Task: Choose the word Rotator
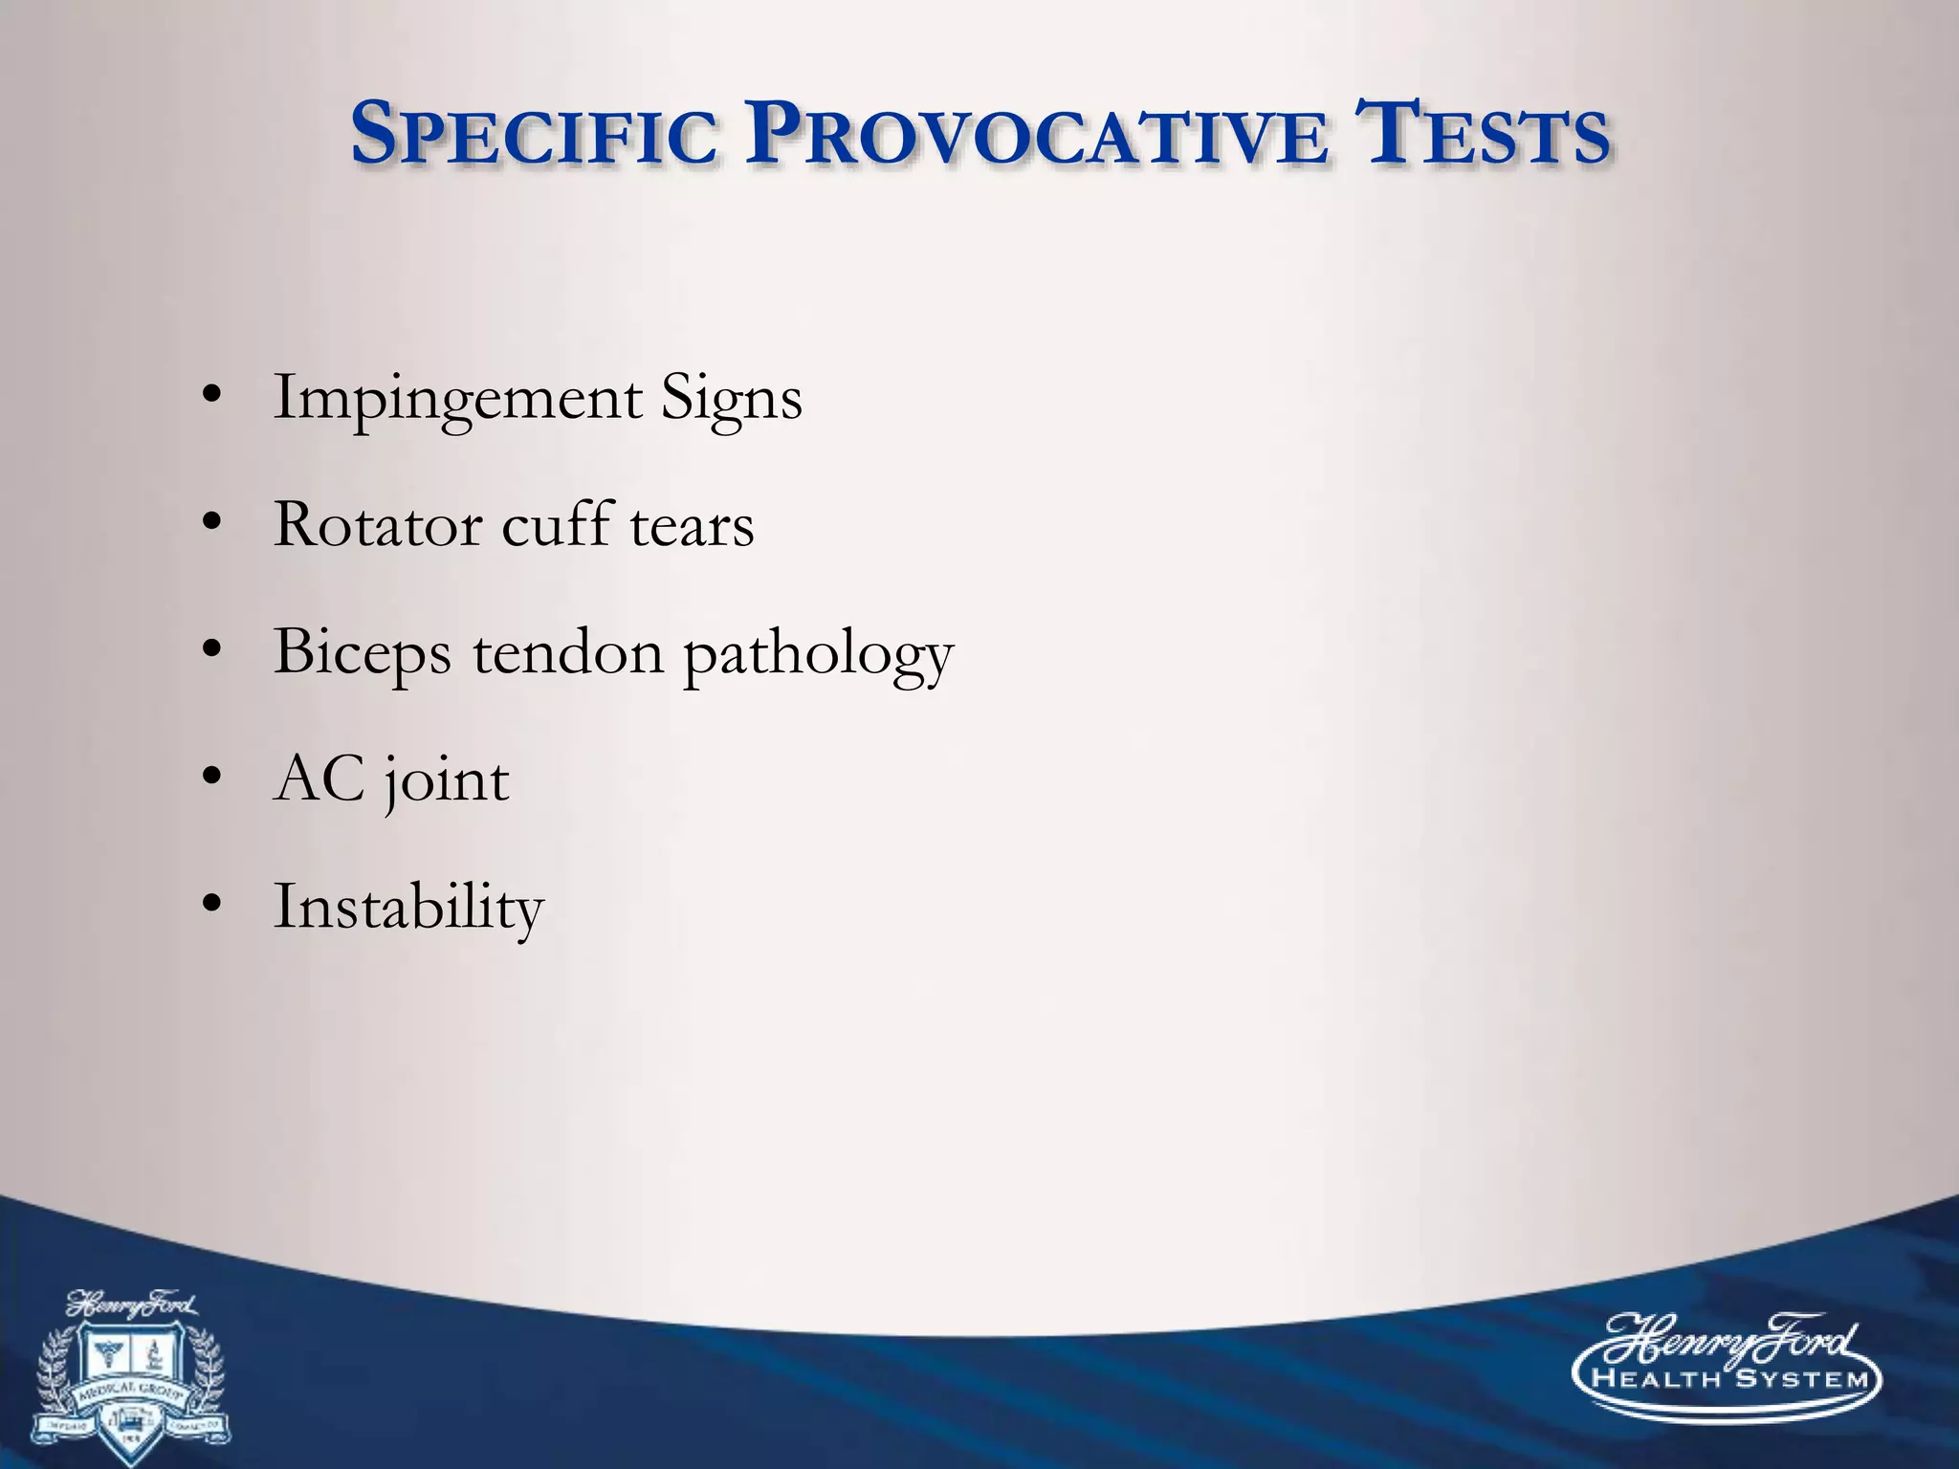377,525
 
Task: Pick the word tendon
567,652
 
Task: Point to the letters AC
319,778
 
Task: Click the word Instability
408,908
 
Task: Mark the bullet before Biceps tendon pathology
212,650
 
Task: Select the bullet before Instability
212,905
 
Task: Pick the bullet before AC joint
212,778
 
